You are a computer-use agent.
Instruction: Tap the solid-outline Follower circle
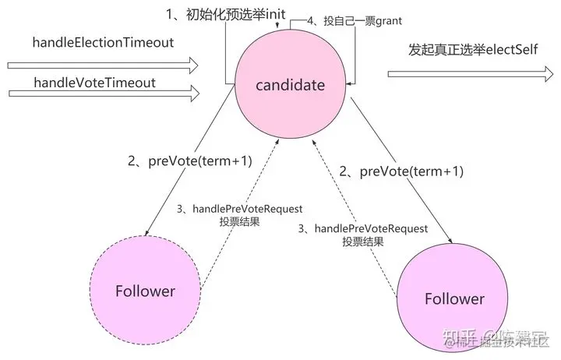(x=454, y=299)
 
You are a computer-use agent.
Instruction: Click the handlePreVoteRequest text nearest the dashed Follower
(x=239, y=209)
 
